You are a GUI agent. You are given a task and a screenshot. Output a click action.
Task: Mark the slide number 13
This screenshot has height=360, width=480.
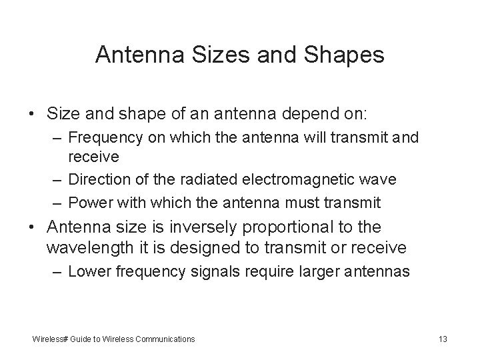pos(443,339)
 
